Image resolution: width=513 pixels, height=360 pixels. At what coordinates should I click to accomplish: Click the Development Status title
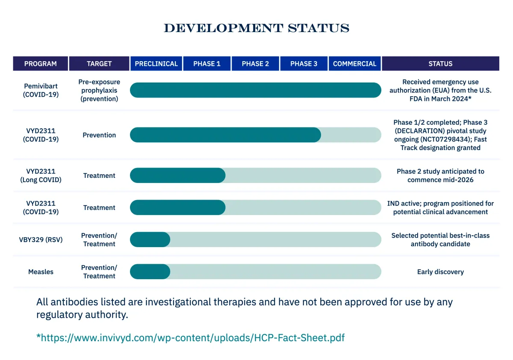point(256,28)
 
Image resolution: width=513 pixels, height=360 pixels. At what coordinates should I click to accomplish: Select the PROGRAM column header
point(41,63)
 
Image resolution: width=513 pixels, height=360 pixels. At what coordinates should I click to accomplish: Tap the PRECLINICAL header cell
point(156,63)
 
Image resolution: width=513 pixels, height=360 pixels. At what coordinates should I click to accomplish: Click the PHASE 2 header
point(255,63)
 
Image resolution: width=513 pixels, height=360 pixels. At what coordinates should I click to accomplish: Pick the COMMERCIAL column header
point(354,63)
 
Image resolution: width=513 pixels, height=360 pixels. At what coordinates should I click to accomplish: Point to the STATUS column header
point(440,63)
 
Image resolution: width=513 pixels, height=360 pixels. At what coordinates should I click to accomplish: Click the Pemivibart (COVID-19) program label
point(41,90)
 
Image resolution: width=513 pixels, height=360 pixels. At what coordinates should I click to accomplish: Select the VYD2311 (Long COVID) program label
point(41,175)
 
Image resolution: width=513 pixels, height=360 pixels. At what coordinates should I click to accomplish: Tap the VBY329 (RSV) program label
point(41,239)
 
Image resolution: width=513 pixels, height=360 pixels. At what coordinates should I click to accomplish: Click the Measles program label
point(41,271)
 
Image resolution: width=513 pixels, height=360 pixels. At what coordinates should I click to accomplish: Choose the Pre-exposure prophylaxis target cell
point(99,90)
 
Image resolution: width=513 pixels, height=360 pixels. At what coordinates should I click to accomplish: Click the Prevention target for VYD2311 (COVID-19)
point(99,135)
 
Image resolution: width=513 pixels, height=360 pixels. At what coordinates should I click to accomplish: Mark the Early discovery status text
point(440,272)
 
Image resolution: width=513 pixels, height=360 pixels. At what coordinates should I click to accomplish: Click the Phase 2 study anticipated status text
point(440,175)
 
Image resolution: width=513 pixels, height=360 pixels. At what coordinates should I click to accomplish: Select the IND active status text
point(440,207)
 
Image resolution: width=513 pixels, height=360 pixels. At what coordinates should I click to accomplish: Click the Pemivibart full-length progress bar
point(256,90)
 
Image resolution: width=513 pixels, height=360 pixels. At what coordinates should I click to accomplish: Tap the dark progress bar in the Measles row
point(150,271)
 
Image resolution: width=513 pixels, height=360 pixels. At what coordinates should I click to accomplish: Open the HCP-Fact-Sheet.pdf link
point(191,338)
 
